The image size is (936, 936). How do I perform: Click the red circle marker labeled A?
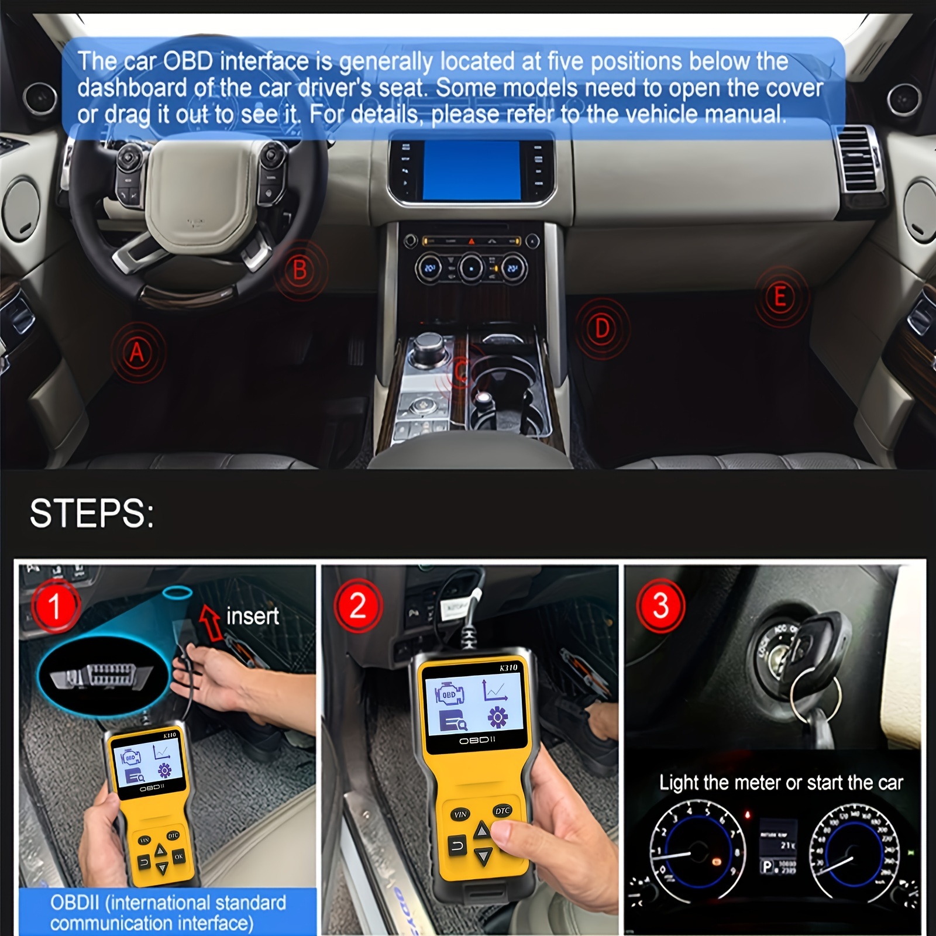137,352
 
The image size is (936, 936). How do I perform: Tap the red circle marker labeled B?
300,270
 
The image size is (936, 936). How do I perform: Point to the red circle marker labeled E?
780,297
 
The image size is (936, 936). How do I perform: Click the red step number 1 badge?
55,606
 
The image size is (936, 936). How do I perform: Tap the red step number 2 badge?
357,606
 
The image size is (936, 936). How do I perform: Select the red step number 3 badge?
660,606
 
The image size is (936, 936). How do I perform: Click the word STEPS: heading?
92,514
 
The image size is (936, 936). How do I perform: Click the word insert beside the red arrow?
252,616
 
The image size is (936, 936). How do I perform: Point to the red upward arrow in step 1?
211,621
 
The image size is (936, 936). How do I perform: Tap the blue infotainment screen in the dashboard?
472,170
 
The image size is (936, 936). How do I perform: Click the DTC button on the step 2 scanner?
503,811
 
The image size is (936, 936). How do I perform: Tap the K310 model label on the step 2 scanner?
508,667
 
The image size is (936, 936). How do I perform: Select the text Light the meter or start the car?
780,783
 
